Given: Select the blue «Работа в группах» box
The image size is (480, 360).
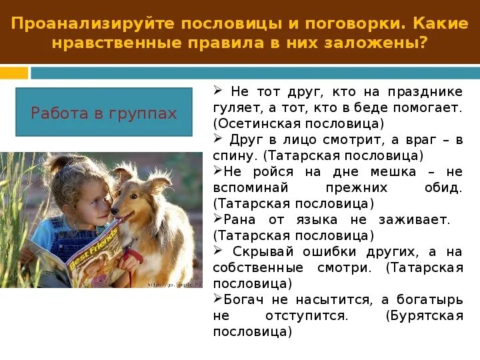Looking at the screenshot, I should pyautogui.click(x=104, y=112).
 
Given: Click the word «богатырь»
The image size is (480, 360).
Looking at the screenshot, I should pyautogui.click(x=431, y=299).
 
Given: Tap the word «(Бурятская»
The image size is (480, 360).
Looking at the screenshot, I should pyautogui.click(x=424, y=315).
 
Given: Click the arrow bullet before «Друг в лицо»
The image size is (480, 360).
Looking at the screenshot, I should pyautogui.click(x=217, y=139).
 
